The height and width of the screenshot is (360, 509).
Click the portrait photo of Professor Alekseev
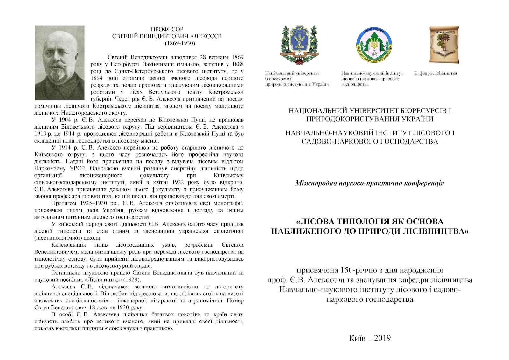pos(59,63)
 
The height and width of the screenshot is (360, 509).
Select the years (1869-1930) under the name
pos(180,43)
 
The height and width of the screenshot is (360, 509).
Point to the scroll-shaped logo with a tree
pos(444,45)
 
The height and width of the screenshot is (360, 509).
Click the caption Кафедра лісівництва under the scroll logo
pos(435,73)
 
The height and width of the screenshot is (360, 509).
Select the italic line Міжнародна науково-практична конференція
pos(370,183)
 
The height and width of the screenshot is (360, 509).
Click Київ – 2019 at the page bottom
pos(369,338)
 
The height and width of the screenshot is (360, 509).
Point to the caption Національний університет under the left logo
pos(292,73)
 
